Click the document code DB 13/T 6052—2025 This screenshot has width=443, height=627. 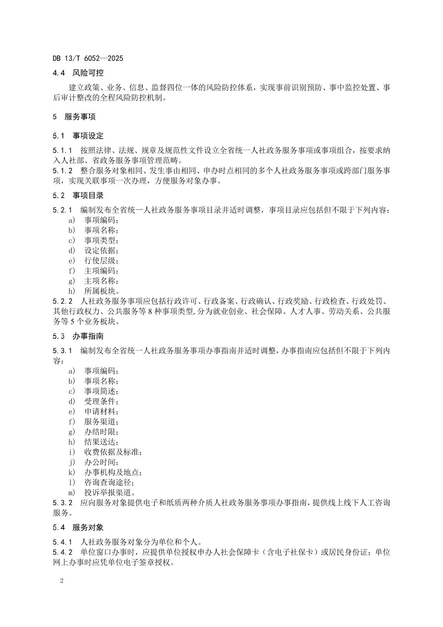pyautogui.click(x=88, y=58)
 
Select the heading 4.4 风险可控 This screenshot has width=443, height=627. pyautogui.click(x=78, y=73)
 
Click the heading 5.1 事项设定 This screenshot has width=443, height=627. pyautogui.click(x=78, y=136)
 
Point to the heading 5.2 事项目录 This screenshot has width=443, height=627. pyautogui.click(x=78, y=195)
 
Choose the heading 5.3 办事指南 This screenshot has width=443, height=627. pyautogui.click(x=78, y=336)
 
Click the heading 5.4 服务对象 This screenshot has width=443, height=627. pyautogui.click(x=78, y=527)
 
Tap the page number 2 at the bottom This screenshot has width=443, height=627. pyautogui.click(x=62, y=581)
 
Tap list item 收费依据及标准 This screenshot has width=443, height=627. pyautogui.click(x=113, y=452)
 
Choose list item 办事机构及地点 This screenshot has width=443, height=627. pyautogui.click(x=113, y=472)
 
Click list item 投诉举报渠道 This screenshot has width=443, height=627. pyautogui.click(x=109, y=493)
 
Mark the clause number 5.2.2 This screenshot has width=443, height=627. pyautogui.click(x=63, y=301)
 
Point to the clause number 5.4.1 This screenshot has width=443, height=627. pyautogui.click(x=63, y=542)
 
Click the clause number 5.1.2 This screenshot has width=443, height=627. pyautogui.click(x=63, y=171)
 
